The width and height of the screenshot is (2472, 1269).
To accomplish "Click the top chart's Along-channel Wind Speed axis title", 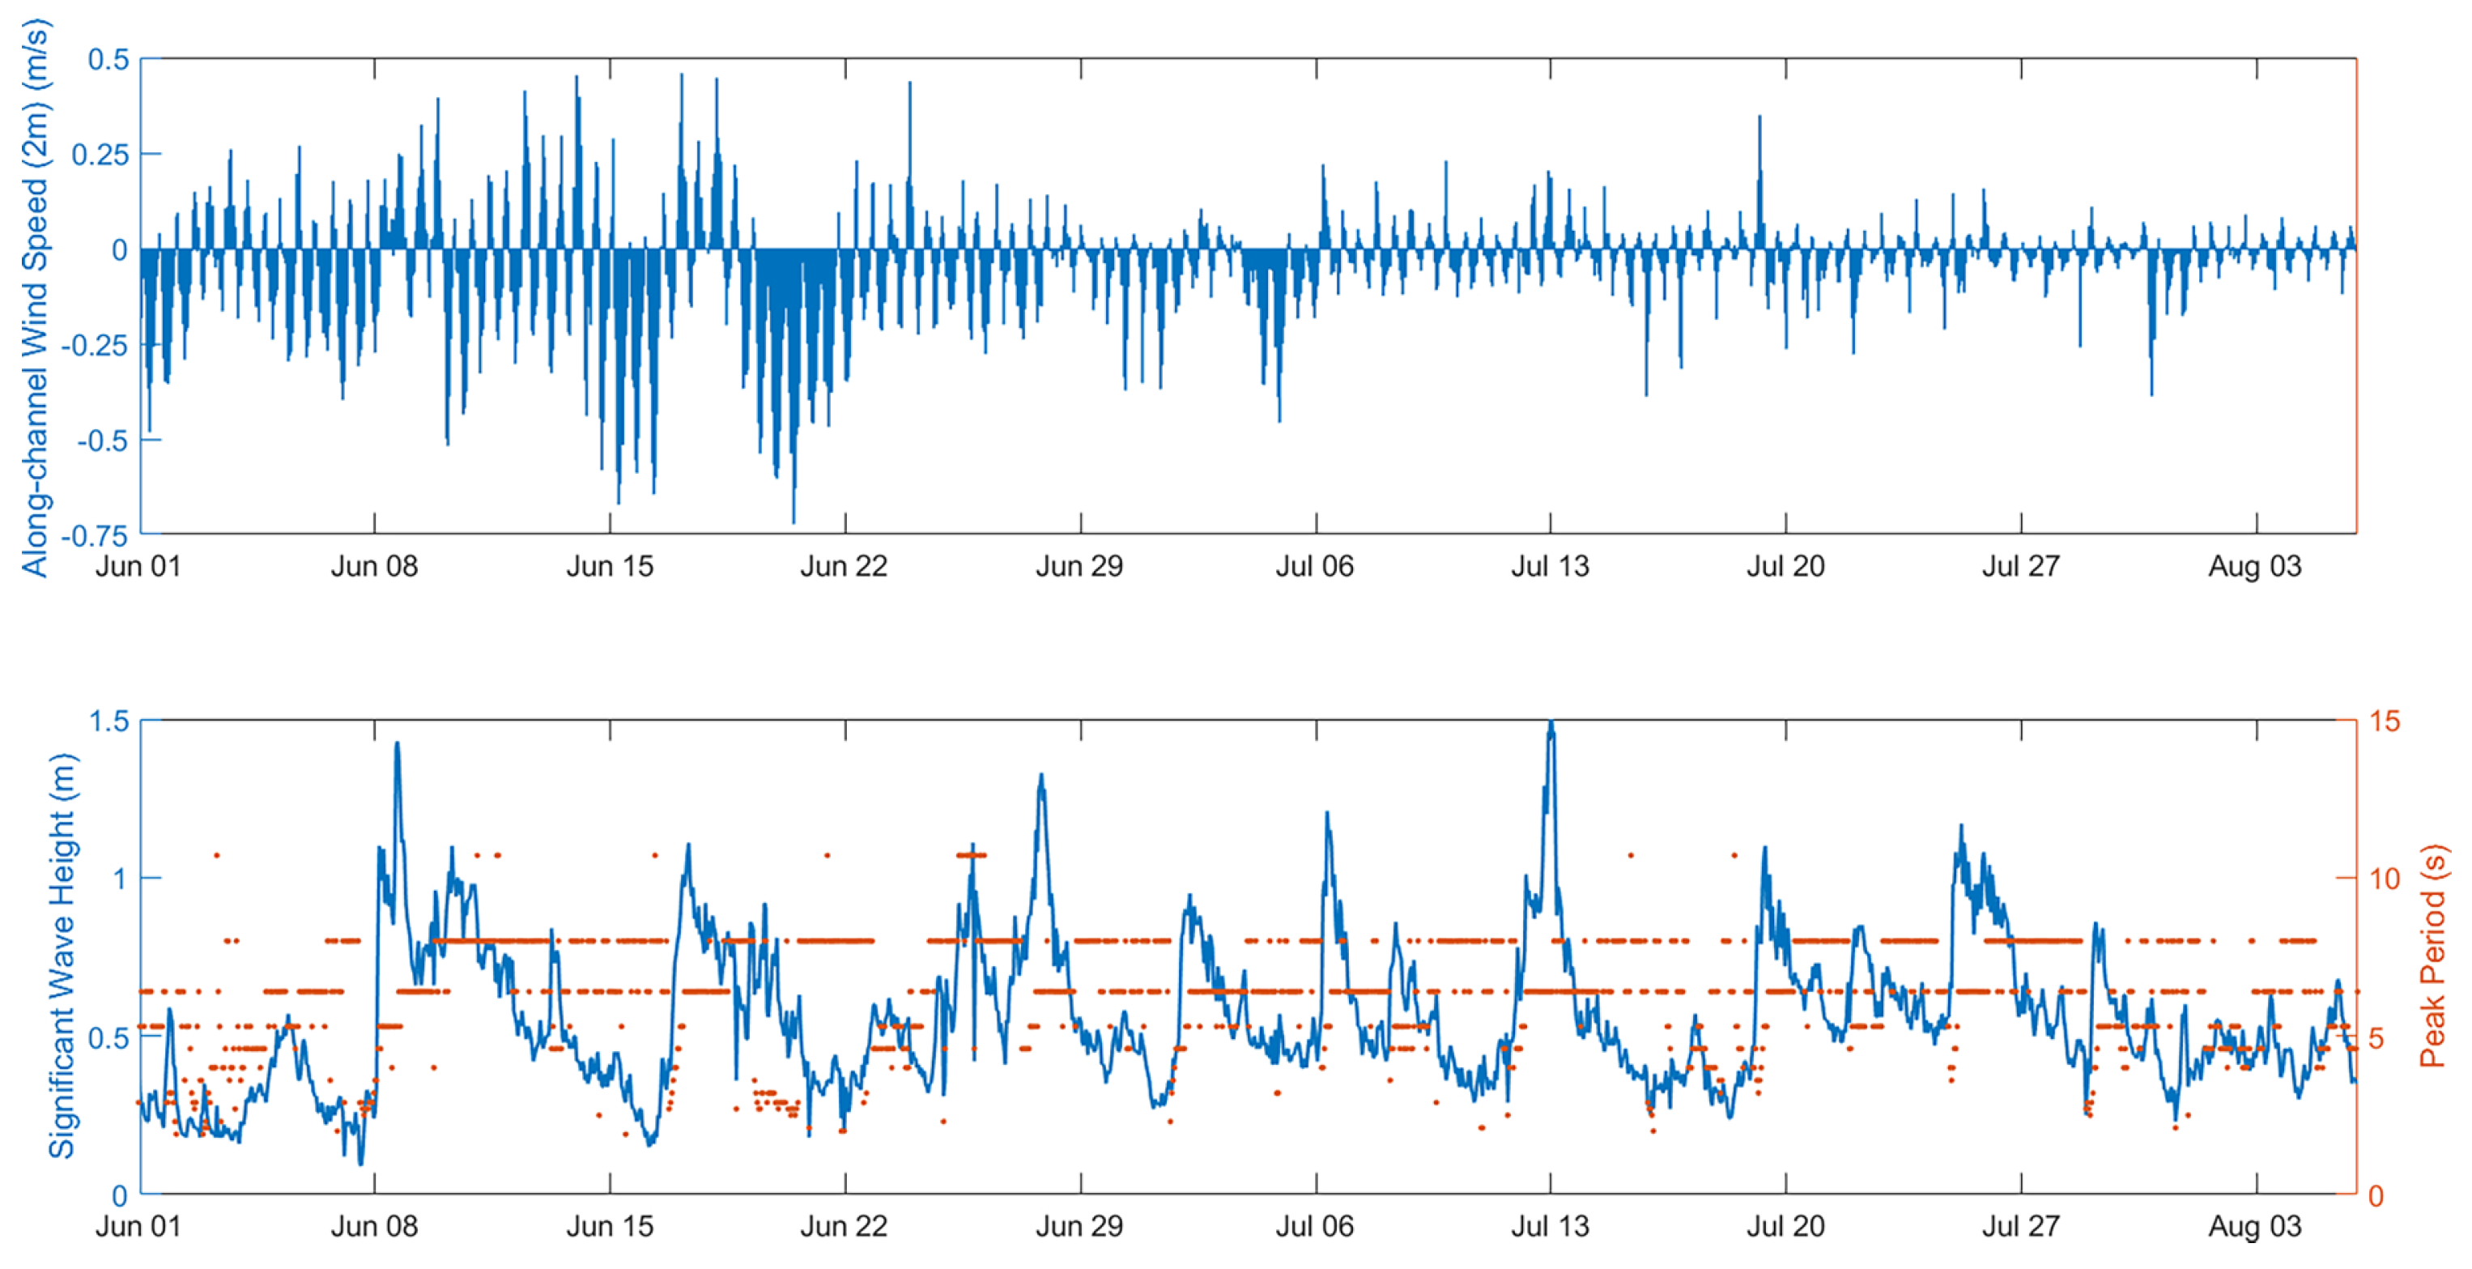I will pyautogui.click(x=35, y=297).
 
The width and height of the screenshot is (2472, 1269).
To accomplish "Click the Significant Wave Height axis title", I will pyautogui.click(x=62, y=955).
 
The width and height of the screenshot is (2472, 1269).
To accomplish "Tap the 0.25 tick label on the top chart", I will pyautogui.click(x=100, y=155).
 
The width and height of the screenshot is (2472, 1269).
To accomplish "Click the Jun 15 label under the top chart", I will pyautogui.click(x=610, y=566).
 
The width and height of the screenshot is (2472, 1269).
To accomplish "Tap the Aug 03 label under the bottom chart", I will pyautogui.click(x=2254, y=1226).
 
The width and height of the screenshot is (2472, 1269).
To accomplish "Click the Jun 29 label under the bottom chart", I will pyautogui.click(x=1079, y=1226).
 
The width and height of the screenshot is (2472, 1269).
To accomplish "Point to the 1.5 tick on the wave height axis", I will pyautogui.click(x=108, y=721).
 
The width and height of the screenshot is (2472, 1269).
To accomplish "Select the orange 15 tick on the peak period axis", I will pyautogui.click(x=2384, y=721).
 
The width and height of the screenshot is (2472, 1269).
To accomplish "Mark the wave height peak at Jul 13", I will pyautogui.click(x=1551, y=724).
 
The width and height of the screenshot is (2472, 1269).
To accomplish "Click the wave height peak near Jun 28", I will pyautogui.click(x=1041, y=777).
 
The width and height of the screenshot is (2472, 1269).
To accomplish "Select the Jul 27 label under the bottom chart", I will pyautogui.click(x=2020, y=1226).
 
